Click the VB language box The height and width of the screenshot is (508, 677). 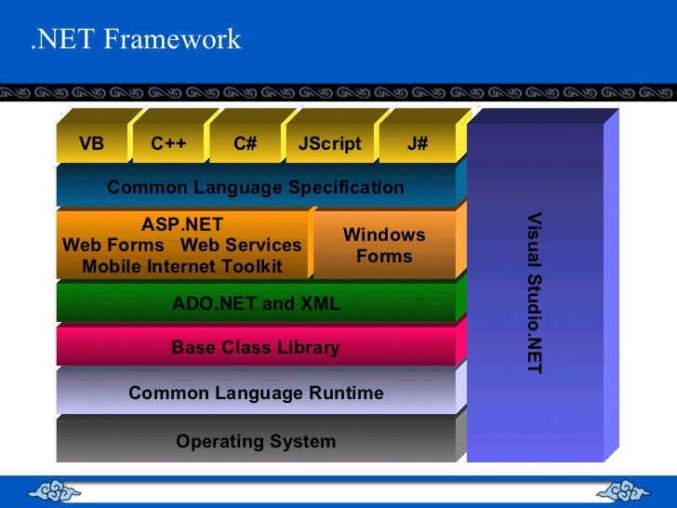pyautogui.click(x=91, y=144)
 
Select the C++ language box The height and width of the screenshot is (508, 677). pyautogui.click(x=168, y=144)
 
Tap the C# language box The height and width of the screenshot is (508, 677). pyautogui.click(x=246, y=144)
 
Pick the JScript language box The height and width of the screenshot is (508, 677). pyautogui.click(x=329, y=144)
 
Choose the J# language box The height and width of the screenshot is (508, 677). pyautogui.click(x=418, y=144)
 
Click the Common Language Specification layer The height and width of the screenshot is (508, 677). pyautogui.click(x=256, y=187)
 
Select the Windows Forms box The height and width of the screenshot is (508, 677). pyautogui.click(x=383, y=246)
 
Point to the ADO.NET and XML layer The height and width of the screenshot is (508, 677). pyautogui.click(x=256, y=303)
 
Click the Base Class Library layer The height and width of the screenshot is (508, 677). pyautogui.click(x=256, y=347)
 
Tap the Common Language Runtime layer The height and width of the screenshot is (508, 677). pyautogui.click(x=256, y=393)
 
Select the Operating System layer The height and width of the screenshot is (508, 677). pyautogui.click(x=256, y=441)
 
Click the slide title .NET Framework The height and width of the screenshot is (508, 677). pyautogui.click(x=136, y=40)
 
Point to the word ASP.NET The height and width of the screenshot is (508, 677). pyautogui.click(x=182, y=224)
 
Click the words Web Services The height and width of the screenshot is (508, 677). pyautogui.click(x=241, y=246)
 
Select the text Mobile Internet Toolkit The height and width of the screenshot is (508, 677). pyautogui.click(x=182, y=267)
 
